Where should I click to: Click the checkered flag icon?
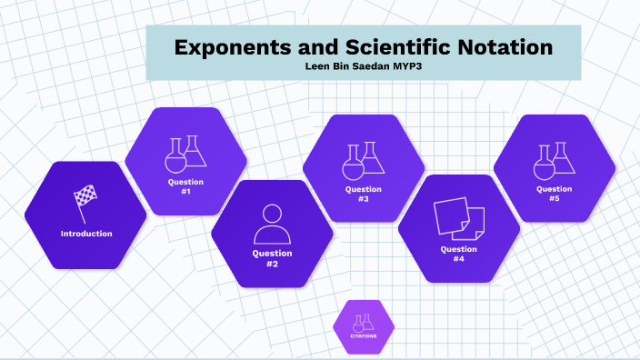pyautogui.click(x=85, y=202)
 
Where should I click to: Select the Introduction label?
pyautogui.click(x=86, y=234)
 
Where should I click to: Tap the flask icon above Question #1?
pyautogui.click(x=185, y=154)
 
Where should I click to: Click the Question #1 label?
pyautogui.click(x=185, y=187)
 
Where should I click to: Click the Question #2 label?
pyautogui.click(x=272, y=258)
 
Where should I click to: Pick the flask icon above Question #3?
pyautogui.click(x=363, y=160)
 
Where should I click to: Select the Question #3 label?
pyautogui.click(x=363, y=195)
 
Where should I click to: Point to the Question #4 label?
pyautogui.click(x=459, y=254)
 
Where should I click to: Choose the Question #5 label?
pyautogui.click(x=555, y=194)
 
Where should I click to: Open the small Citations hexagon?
pyautogui.click(x=364, y=325)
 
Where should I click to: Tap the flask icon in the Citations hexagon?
pyautogui.click(x=364, y=321)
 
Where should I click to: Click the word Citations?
pyautogui.click(x=364, y=336)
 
